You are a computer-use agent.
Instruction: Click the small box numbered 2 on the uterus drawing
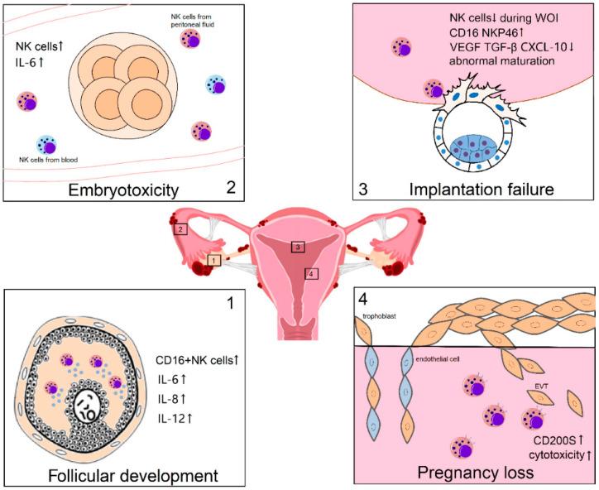(181, 229)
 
